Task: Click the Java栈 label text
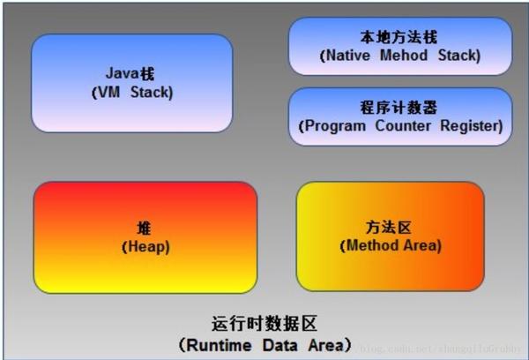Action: point(132,73)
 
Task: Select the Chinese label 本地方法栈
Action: point(399,37)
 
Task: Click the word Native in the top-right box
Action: point(349,55)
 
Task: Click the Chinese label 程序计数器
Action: point(400,108)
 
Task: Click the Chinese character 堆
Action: point(145,229)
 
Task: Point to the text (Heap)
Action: point(145,246)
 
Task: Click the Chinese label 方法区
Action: point(389,227)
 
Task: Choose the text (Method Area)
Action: point(389,244)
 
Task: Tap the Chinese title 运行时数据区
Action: point(264,323)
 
